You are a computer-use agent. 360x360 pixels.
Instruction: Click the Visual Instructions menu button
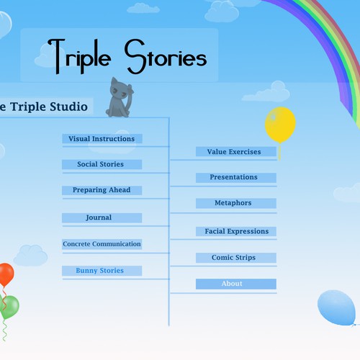point(102,139)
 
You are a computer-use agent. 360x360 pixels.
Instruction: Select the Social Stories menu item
point(102,164)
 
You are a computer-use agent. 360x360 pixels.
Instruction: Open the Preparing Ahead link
point(102,190)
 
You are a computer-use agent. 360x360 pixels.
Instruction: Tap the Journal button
point(102,217)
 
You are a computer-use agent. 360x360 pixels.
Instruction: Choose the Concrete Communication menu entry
point(102,244)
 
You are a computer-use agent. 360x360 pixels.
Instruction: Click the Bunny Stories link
point(102,271)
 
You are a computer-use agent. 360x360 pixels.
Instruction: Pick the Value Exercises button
point(236,152)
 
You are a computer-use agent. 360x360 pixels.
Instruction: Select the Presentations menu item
point(236,178)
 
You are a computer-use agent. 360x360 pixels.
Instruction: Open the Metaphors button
point(236,203)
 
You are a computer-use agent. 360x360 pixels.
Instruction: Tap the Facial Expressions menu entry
point(236,231)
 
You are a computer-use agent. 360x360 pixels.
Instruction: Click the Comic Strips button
point(236,258)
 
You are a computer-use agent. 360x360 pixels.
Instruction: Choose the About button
point(236,284)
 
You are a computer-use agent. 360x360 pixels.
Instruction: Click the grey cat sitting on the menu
point(120,99)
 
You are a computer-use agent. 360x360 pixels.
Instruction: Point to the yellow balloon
point(280,125)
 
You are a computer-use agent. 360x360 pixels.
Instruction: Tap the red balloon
point(6,274)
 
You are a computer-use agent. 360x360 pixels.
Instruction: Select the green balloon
point(9,307)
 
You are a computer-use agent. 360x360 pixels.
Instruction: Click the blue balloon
point(337,307)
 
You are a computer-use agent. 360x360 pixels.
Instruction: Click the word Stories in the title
point(166,57)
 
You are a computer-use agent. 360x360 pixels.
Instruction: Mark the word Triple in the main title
point(79,57)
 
